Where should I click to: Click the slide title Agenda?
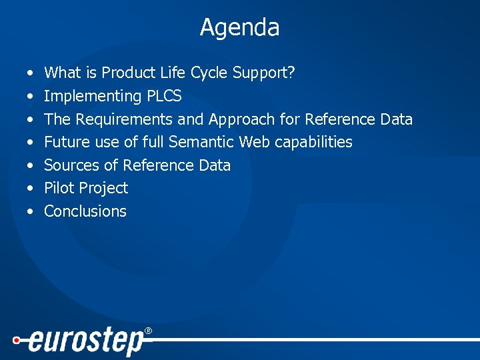[x=239, y=28]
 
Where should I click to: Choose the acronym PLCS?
[x=163, y=97]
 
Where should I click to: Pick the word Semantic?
[x=202, y=142]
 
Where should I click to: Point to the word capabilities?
[x=313, y=142]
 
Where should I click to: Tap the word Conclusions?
[x=85, y=211]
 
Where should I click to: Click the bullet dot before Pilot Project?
[x=31, y=189]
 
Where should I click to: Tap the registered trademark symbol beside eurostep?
[x=148, y=331]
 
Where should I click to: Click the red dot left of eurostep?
[x=16, y=339]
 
